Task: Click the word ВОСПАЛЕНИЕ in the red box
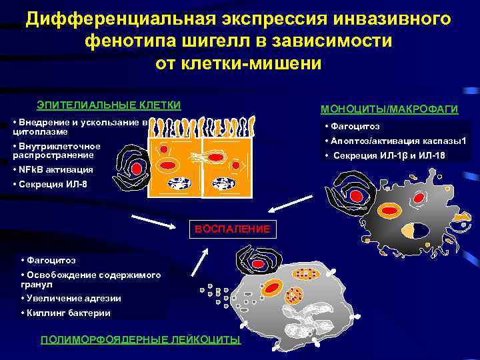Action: (232, 229)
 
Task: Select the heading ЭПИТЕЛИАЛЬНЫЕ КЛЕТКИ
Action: (109, 105)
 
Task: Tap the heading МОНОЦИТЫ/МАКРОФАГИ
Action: (389, 109)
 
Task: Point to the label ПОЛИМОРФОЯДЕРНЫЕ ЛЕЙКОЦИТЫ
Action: (141, 340)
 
